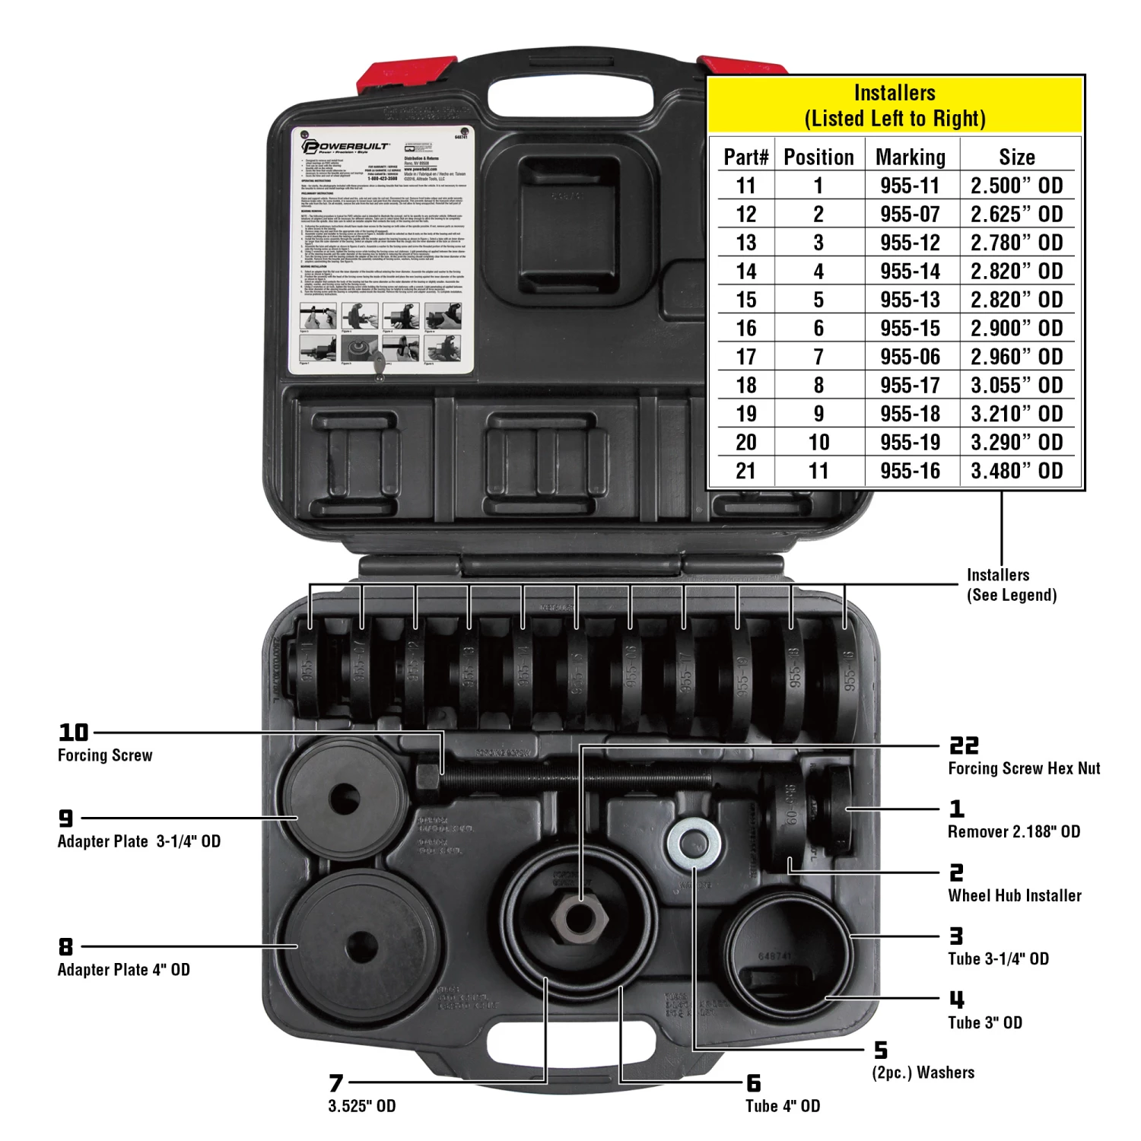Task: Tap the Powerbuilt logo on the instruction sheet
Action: [x=346, y=146]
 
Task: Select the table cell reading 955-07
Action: [x=910, y=215]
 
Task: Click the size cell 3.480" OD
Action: [x=1016, y=471]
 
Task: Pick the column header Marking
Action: [x=911, y=157]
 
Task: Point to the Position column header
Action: [x=818, y=157]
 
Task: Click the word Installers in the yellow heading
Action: [x=895, y=93]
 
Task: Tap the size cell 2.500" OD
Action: [x=1016, y=186]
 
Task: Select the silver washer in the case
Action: [x=694, y=844]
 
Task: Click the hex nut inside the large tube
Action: [x=580, y=919]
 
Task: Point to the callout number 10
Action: [x=74, y=732]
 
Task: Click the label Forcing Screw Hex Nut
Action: [x=1024, y=768]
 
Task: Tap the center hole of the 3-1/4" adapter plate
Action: [x=345, y=798]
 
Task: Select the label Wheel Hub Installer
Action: [x=1015, y=895]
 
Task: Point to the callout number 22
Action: [x=964, y=745]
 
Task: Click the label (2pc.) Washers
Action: [x=923, y=1073]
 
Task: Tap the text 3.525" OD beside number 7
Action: [x=362, y=1106]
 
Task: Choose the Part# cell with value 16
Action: [x=745, y=329]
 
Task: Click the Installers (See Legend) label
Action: [x=1011, y=585]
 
